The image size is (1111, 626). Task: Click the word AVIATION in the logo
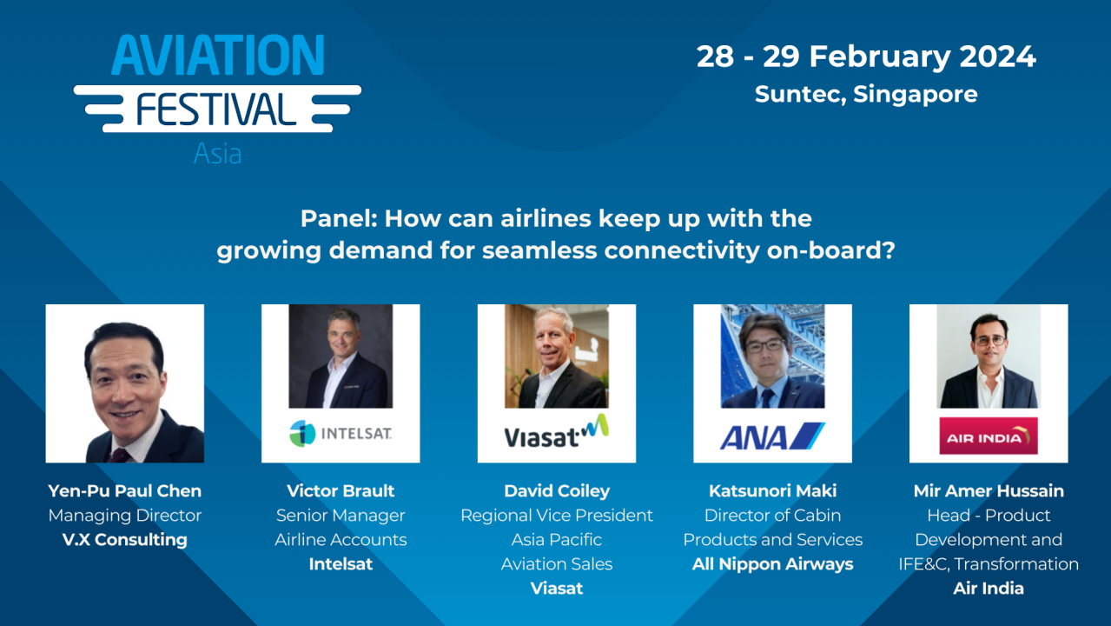click(x=217, y=57)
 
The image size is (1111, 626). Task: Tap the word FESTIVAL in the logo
click(x=216, y=110)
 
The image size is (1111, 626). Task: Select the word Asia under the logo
click(x=217, y=154)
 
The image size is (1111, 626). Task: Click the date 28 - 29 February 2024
click(x=866, y=57)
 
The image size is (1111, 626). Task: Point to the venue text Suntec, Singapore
click(x=866, y=94)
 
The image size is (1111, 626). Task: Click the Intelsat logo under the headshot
click(x=341, y=432)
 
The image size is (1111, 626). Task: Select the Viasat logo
click(x=556, y=432)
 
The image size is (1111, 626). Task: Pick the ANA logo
click(x=772, y=435)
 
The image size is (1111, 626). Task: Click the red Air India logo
click(x=988, y=436)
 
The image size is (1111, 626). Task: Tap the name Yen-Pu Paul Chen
click(x=125, y=491)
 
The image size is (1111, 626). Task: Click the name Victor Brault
click(x=341, y=491)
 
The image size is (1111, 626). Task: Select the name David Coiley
click(x=557, y=491)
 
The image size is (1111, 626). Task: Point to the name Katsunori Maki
click(x=772, y=491)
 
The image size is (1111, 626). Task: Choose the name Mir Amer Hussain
click(x=989, y=491)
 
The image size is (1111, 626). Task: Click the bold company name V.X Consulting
click(x=125, y=540)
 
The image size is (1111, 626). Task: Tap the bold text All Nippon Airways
click(x=772, y=564)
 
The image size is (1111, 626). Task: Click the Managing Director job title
click(x=125, y=516)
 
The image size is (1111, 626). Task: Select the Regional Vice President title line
click(x=557, y=516)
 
